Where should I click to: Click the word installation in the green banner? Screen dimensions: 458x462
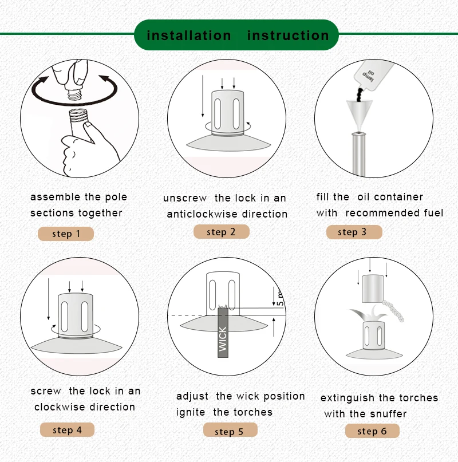(189, 35)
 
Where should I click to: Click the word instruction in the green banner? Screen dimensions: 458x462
(288, 35)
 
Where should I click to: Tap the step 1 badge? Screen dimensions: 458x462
(66, 234)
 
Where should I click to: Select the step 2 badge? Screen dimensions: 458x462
(222, 232)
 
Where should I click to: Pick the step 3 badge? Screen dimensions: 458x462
(354, 232)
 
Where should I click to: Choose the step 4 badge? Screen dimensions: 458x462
(67, 429)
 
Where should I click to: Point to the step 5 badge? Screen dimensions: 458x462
(230, 430)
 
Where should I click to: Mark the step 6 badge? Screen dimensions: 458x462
(372, 431)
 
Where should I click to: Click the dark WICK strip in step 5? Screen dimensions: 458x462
(223, 333)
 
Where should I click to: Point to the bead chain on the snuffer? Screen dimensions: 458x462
(393, 310)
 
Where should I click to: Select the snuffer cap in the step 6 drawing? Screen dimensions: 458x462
(373, 289)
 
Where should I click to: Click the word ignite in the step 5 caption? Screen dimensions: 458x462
(191, 412)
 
